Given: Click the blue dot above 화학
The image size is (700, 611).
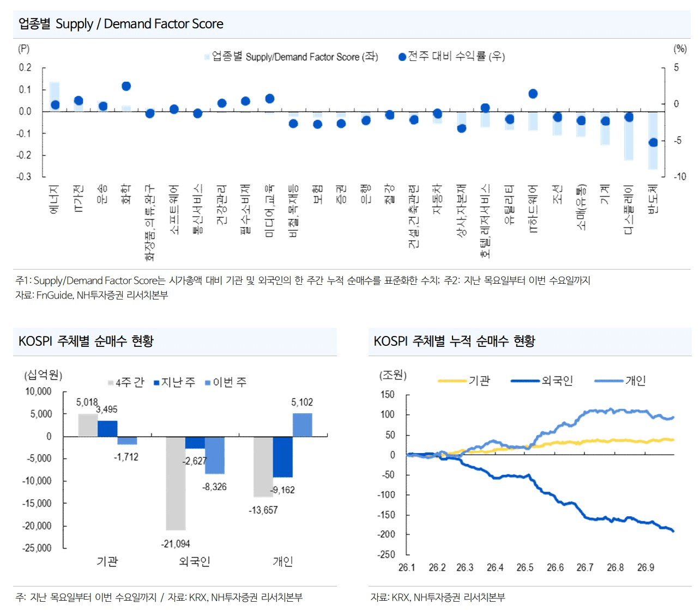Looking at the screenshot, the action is pos(126,86).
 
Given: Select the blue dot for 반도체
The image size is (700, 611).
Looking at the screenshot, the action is pos(653,143).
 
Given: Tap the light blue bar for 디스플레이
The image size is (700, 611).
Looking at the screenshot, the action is pos(629,136).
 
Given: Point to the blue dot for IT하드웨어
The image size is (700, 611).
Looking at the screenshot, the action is pos(533,94).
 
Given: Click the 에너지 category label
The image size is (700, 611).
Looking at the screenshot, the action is pos(55,199).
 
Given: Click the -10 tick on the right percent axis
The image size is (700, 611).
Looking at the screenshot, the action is pos(680,176).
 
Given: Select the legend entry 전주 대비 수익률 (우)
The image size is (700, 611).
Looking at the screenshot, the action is pos(451,57).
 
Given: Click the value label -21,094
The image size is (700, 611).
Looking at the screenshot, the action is pos(176,543).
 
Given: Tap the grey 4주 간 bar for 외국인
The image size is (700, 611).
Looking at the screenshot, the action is pos(176,483).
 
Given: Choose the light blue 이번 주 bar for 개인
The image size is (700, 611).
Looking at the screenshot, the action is pos(302,425).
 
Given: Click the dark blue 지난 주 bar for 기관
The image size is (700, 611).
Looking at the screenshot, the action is pos(107,429).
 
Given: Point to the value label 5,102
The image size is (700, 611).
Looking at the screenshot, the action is pos(302,402).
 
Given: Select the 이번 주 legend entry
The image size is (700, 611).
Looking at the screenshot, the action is pos(226,382).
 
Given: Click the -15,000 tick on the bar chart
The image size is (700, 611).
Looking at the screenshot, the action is pos(37,503).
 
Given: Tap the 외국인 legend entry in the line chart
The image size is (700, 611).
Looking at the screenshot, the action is pos(542,380).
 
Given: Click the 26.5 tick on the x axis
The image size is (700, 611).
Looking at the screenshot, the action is pos(525,567).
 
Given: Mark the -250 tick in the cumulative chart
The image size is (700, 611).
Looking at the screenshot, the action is pos(387,554).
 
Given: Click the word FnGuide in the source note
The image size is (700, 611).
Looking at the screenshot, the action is pos(55,295).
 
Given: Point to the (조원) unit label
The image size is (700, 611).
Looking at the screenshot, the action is pos(393,375).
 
